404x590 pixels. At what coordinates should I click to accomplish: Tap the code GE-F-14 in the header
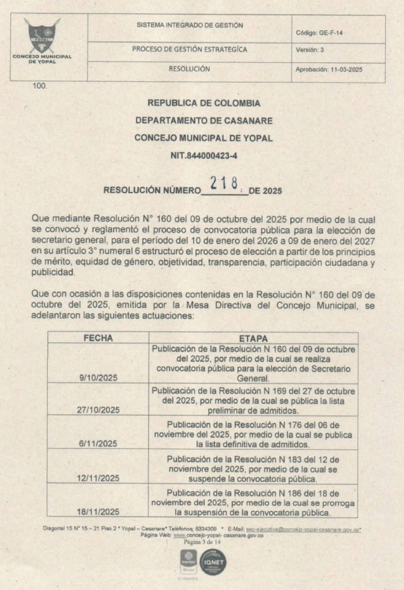tap(318, 33)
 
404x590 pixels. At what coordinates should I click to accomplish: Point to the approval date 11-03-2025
tap(328, 70)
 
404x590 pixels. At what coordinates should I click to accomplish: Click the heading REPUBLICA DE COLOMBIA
tap(203, 103)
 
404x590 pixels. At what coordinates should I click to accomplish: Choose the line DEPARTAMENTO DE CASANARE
tap(203, 120)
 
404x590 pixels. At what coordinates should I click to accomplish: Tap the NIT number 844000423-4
tap(203, 156)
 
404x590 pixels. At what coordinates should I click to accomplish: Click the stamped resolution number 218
tap(225, 184)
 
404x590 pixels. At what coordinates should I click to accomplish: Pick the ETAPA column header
tap(252, 338)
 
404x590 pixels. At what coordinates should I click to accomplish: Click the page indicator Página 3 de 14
tap(202, 542)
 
